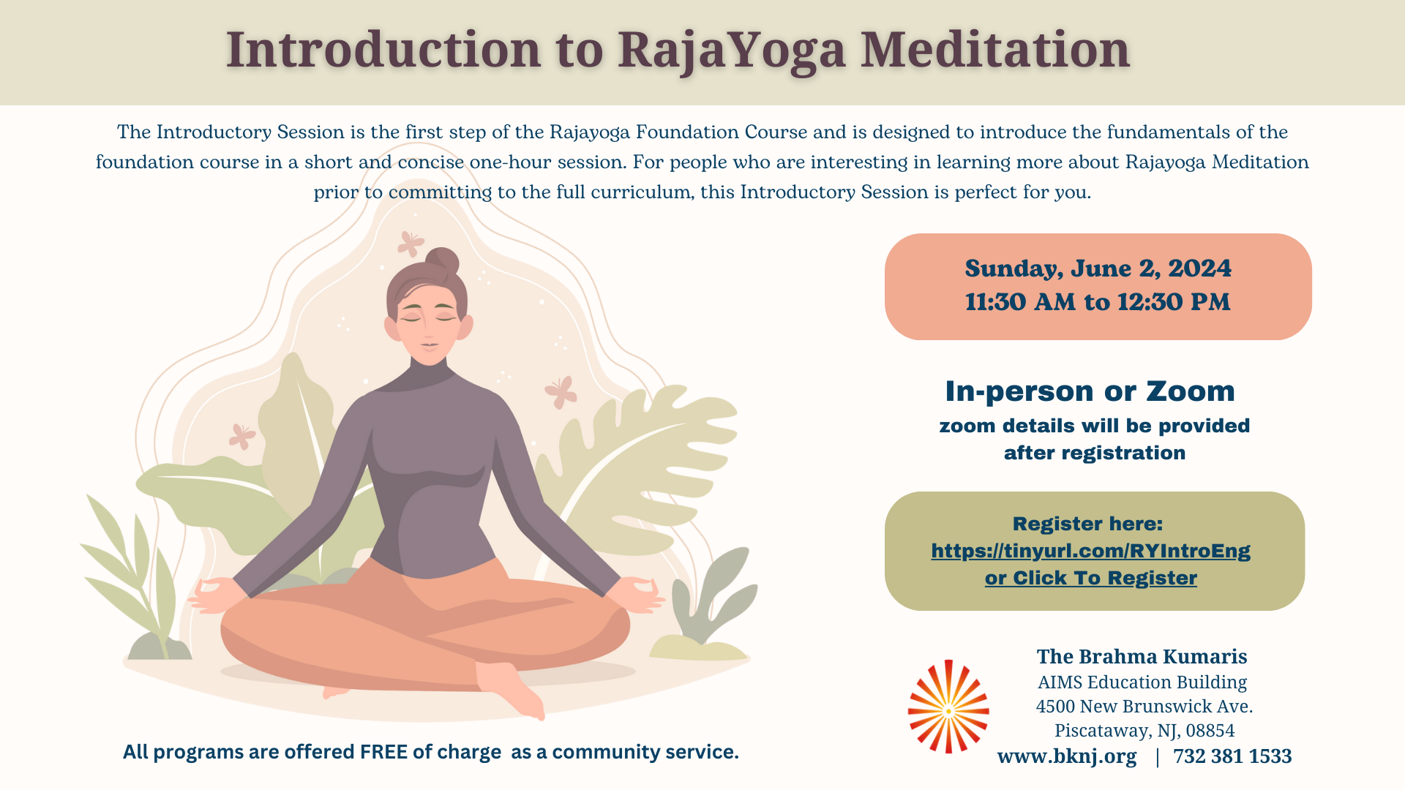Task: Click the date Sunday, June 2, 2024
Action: coord(1098,268)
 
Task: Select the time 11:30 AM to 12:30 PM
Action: coord(1098,302)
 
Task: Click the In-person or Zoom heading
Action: coord(1090,391)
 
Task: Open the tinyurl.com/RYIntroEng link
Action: coord(1090,551)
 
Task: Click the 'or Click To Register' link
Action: coord(1090,578)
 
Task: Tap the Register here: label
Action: coord(1087,524)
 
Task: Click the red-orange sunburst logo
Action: coord(948,707)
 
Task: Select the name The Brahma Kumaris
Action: coord(1142,656)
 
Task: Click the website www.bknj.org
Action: coord(1067,756)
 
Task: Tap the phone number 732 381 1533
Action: coord(1232,756)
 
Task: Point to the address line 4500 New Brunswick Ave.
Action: coord(1144,707)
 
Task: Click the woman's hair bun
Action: coord(442,262)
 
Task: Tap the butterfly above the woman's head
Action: coord(411,244)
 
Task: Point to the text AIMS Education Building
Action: coord(1142,682)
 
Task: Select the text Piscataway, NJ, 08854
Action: coord(1144,731)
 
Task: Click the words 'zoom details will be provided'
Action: coord(1095,426)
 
